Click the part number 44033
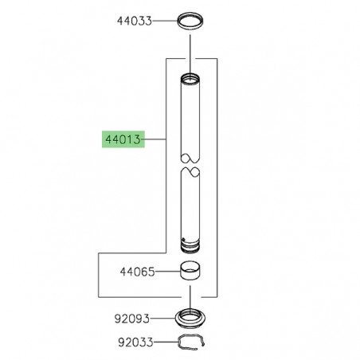click(x=135, y=21)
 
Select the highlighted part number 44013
click(x=123, y=139)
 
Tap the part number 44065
click(x=137, y=272)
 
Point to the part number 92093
click(x=132, y=319)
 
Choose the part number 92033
click(x=135, y=342)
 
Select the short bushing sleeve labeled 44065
click(x=190, y=271)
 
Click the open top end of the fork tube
click(x=190, y=79)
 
